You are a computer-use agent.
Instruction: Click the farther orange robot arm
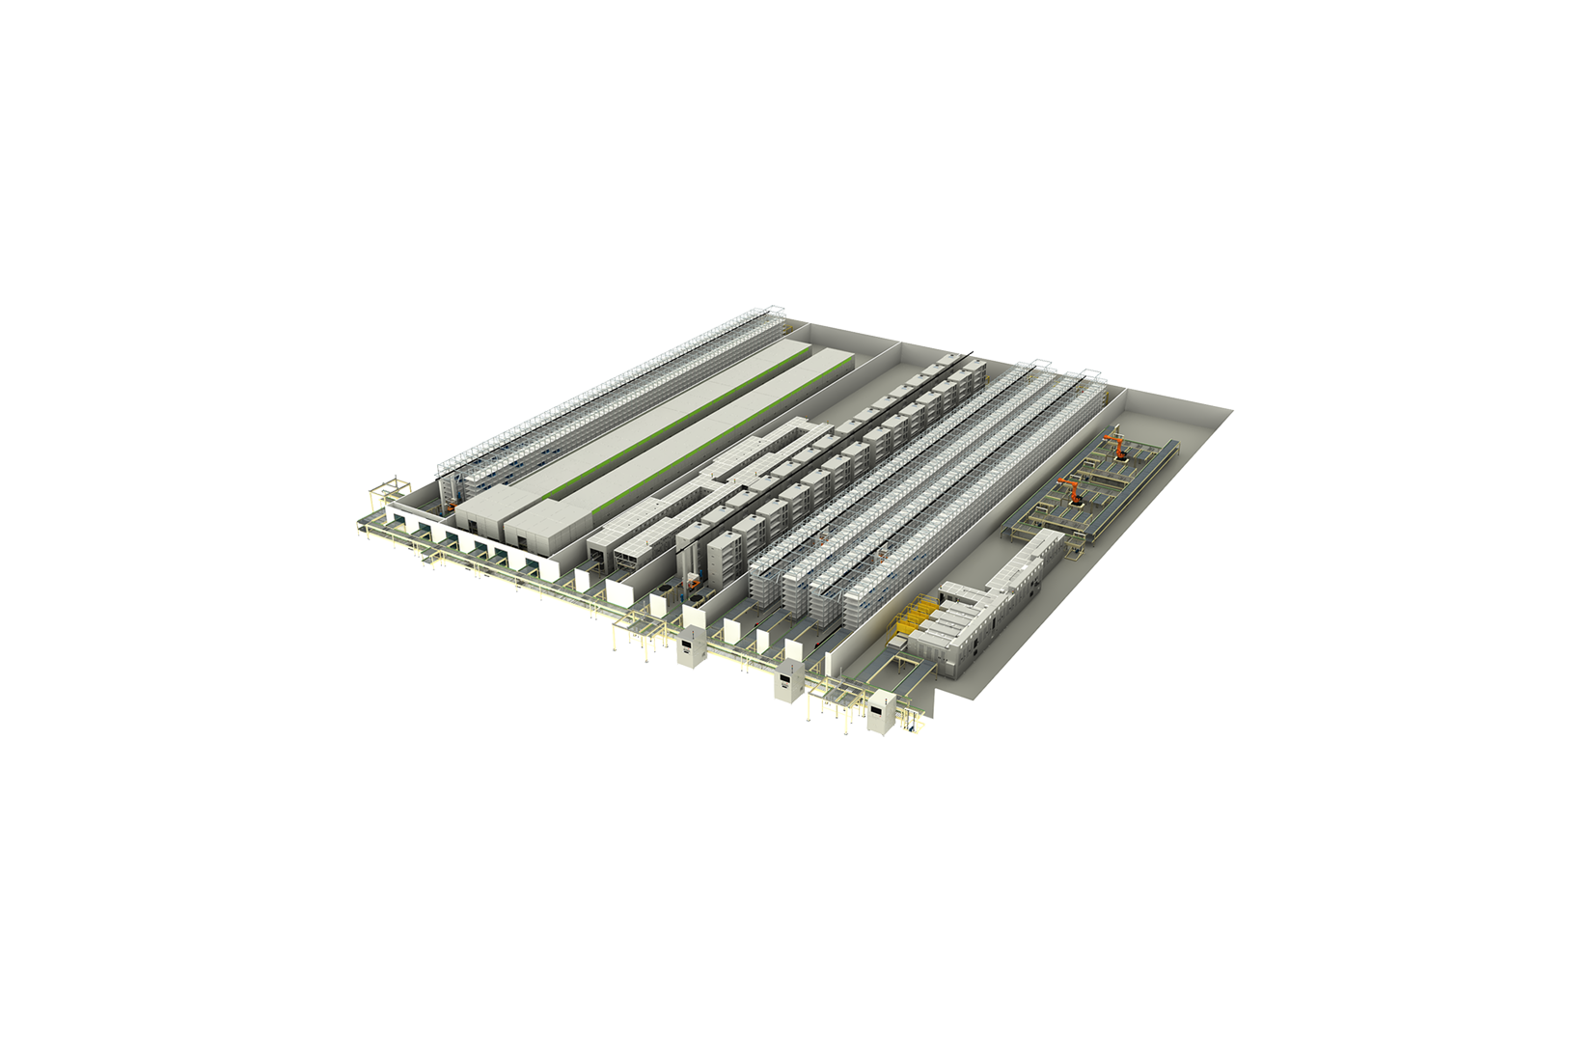coord(1117,446)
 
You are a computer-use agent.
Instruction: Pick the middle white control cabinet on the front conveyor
coord(790,680)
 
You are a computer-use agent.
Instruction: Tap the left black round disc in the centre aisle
coord(665,590)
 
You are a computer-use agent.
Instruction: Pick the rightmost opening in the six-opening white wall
coord(533,563)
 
